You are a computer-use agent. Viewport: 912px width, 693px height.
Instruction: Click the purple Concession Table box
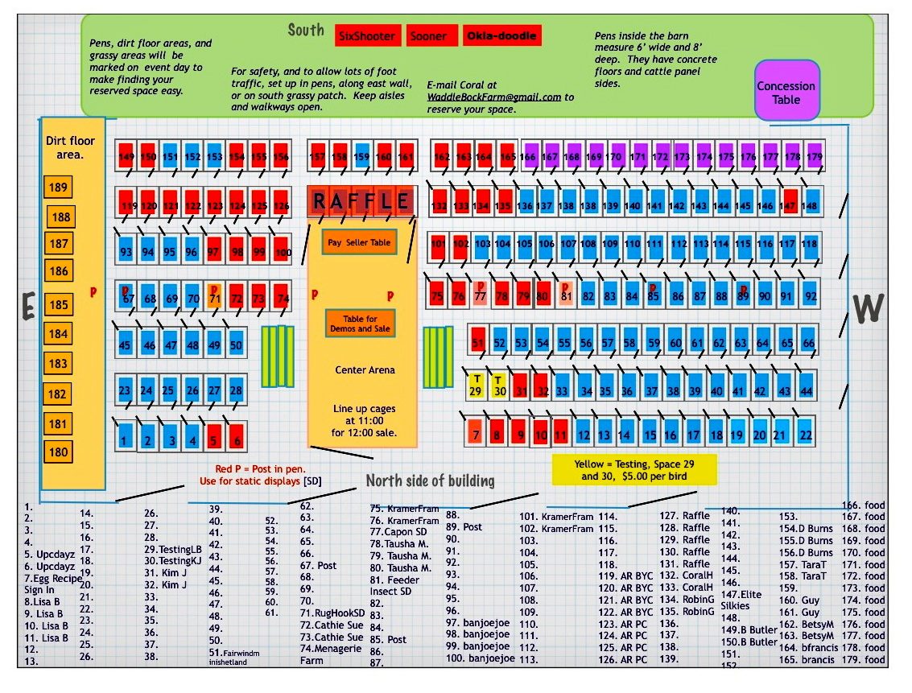click(786, 93)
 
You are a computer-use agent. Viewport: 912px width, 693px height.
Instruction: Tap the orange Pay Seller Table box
click(359, 242)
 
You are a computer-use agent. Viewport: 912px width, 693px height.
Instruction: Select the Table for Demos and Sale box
click(360, 324)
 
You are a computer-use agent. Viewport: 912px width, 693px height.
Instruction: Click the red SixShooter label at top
click(367, 36)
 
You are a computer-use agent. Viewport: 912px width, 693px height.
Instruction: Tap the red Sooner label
click(427, 36)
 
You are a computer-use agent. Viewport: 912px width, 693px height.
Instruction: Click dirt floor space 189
click(59, 188)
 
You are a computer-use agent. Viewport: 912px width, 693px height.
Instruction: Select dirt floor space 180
click(58, 452)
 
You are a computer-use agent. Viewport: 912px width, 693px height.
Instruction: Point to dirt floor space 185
click(58, 305)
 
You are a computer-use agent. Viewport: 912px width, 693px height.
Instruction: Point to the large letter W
click(867, 307)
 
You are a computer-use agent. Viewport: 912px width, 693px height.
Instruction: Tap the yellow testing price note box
click(634, 470)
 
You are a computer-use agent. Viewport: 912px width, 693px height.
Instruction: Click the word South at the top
click(306, 31)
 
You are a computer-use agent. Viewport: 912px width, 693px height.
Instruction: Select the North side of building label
click(430, 481)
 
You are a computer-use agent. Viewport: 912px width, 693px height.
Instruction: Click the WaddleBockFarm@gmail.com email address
click(493, 97)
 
